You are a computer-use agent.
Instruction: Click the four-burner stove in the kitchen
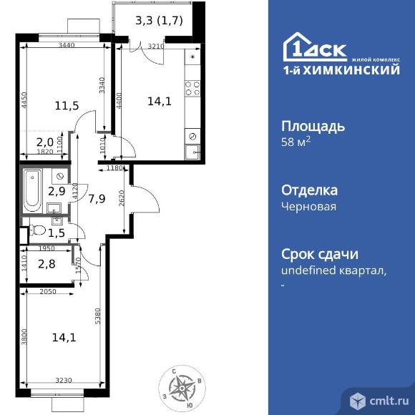pyautogui.click(x=192, y=88)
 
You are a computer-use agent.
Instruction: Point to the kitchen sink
pyautogui.click(x=192, y=151)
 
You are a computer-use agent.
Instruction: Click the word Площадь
pyautogui.click(x=314, y=127)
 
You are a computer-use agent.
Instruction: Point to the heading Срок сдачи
pyautogui.click(x=319, y=255)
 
